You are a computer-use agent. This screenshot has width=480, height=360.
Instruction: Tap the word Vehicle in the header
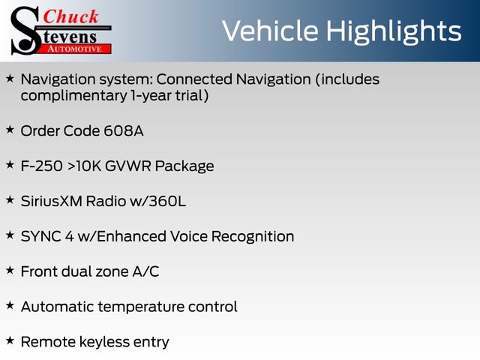coord(270,31)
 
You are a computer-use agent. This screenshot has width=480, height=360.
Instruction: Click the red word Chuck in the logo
coord(70,16)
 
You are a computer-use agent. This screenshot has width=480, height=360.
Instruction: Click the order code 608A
coord(123,131)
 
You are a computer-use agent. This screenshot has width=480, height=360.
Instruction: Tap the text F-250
coord(42,166)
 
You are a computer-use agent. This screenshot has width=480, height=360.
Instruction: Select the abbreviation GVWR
coord(128,166)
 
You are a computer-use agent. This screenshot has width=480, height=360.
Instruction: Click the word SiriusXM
coord(52,202)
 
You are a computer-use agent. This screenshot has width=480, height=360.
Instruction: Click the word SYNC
coord(40,237)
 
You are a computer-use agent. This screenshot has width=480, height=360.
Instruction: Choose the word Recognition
coord(253,237)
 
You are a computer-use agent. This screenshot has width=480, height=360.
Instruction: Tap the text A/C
coord(145,271)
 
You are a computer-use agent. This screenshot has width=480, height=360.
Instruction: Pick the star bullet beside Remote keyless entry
coord(10,340)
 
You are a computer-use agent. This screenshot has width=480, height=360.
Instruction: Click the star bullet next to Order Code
coord(10,130)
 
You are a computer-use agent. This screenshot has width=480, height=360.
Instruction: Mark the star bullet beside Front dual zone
coord(10,270)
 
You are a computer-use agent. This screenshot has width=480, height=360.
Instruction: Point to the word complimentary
coord(73,96)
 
